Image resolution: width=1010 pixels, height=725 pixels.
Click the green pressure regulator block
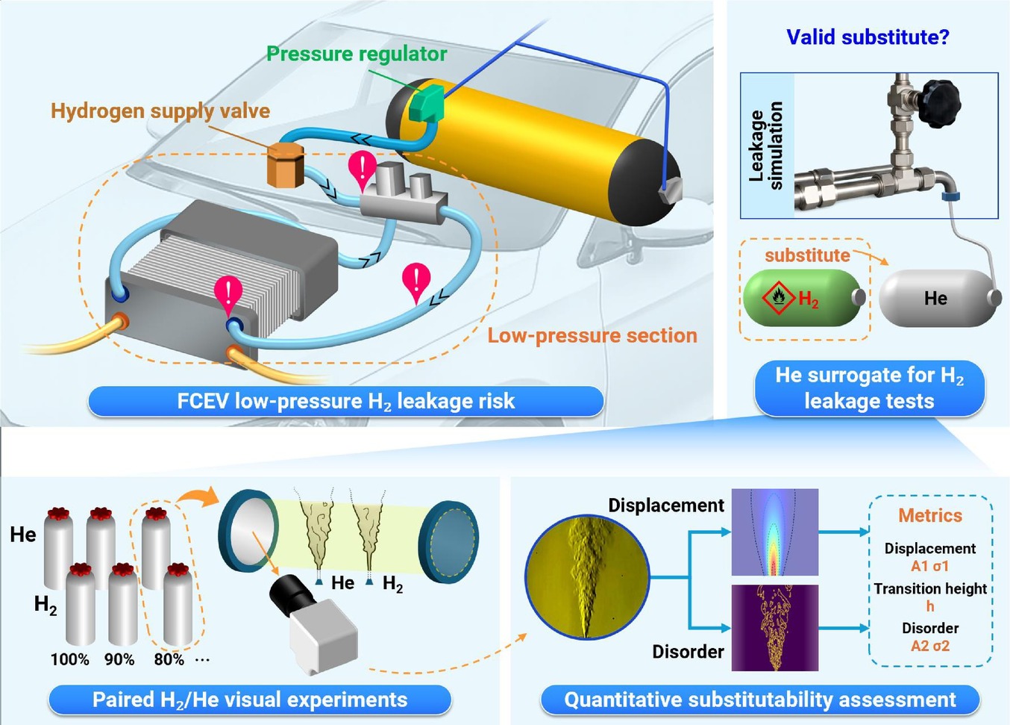pyautogui.click(x=426, y=103)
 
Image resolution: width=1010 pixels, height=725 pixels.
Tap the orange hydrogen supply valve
pyautogui.click(x=285, y=165)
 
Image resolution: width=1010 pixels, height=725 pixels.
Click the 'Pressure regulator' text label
pyautogui.click(x=357, y=54)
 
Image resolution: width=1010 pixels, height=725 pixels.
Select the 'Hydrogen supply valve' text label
pyautogui.click(x=160, y=111)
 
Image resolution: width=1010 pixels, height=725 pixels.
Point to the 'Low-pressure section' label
pyautogui.click(x=592, y=336)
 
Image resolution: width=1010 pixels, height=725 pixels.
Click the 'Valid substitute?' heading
pyautogui.click(x=868, y=37)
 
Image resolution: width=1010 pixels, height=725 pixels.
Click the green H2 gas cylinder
pyautogui.click(x=804, y=298)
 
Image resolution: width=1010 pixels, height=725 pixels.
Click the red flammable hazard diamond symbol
pyautogui.click(x=779, y=297)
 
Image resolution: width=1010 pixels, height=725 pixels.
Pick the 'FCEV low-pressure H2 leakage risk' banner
pyautogui.click(x=346, y=401)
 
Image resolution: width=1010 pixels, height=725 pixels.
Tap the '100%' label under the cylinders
pyautogui.click(x=70, y=659)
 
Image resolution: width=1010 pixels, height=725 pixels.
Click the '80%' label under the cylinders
pyautogui.click(x=169, y=659)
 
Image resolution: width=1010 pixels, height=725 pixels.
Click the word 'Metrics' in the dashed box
pyautogui.click(x=930, y=515)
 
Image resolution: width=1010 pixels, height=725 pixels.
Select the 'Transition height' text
pyautogui.click(x=930, y=588)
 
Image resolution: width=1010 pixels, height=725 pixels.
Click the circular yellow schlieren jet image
pyautogui.click(x=587, y=577)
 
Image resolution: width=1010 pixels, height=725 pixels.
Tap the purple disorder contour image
pyautogui.click(x=774, y=628)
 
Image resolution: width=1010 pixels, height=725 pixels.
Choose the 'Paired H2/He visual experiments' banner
pyautogui.click(x=250, y=700)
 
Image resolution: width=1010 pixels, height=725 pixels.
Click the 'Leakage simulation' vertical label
pyautogui.click(x=765, y=146)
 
